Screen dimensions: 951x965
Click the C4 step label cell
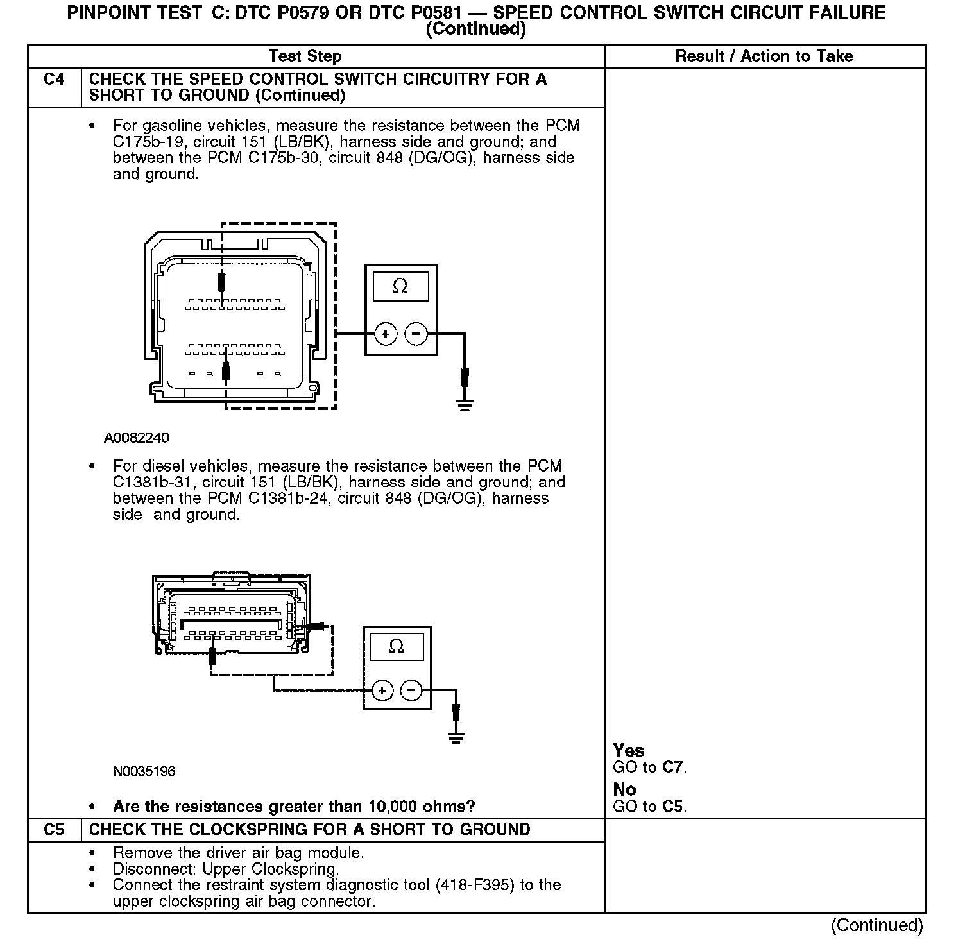coord(55,80)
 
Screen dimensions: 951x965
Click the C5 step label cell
coord(55,829)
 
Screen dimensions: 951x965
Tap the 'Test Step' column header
coord(305,56)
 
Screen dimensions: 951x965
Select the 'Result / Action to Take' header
coord(764,56)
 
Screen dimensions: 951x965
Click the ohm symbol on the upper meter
coord(400,286)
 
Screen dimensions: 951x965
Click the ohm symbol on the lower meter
coord(397,646)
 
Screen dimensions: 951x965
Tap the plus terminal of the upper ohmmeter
coord(386,334)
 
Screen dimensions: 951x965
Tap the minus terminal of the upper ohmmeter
coord(416,334)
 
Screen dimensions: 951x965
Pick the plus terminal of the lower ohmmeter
coord(382,691)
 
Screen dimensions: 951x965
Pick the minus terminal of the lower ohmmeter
coord(411,691)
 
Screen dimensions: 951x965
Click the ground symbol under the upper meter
coord(465,405)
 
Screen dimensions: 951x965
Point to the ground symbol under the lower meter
coord(456,738)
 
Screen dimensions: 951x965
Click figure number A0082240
coord(137,438)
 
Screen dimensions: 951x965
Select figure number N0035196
coord(144,771)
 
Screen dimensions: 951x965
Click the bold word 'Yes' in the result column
coord(629,750)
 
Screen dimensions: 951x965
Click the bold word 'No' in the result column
coord(624,789)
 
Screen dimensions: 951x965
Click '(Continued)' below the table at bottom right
coord(876,925)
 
